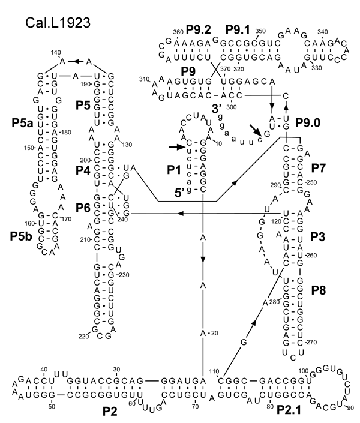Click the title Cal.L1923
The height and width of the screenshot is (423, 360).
(59, 25)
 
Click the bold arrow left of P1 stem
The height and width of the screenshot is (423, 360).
(175, 146)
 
